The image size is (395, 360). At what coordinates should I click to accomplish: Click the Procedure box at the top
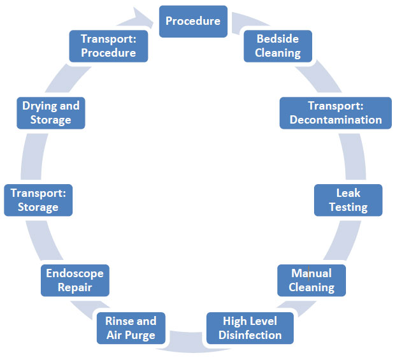point(192,21)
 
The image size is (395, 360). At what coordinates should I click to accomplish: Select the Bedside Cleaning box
point(278,46)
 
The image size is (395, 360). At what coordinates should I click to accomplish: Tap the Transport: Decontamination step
point(335,113)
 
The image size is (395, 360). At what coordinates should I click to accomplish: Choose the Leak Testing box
point(348,200)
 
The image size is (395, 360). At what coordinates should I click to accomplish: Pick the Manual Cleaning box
point(311,280)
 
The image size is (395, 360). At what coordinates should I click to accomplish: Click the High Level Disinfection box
point(250,328)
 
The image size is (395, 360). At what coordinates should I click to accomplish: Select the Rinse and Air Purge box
point(130,328)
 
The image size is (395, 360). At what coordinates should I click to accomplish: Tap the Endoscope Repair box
point(75,280)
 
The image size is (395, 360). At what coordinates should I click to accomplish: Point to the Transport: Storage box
point(38,200)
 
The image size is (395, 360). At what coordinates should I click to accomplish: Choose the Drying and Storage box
point(51,113)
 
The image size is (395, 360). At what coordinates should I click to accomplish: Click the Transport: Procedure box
point(108,46)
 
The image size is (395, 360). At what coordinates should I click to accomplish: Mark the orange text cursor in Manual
point(309,273)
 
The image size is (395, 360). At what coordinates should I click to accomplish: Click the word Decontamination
point(335,120)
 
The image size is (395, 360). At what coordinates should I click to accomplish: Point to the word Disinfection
point(250,335)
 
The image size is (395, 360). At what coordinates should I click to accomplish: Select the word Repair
point(75,287)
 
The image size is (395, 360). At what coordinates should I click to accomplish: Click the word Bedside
point(278,39)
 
